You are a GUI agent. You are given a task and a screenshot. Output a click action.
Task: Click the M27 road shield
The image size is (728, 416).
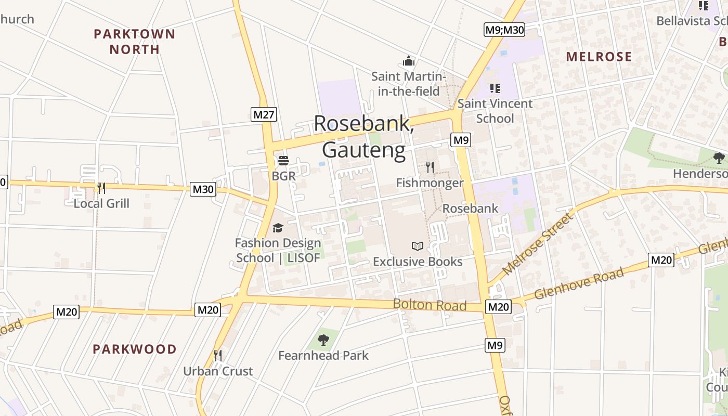pyautogui.click(x=264, y=114)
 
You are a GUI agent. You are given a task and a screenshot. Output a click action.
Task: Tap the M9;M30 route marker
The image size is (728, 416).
pyautogui.click(x=504, y=30)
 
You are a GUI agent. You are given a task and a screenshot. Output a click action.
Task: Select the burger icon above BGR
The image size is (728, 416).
pyautogui.click(x=283, y=161)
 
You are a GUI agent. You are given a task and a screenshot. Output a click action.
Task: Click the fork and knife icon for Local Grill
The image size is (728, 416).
pyautogui.click(x=101, y=188)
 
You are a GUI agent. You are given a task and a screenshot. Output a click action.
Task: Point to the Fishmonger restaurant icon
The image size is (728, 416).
pyautogui.click(x=430, y=167)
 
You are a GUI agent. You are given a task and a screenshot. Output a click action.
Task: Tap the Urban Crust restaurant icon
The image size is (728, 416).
pyautogui.click(x=218, y=356)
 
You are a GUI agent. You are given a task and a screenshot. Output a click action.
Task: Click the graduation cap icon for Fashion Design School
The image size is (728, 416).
pyautogui.click(x=278, y=228)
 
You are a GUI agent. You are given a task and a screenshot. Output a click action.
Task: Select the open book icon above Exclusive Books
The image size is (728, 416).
pyautogui.click(x=418, y=246)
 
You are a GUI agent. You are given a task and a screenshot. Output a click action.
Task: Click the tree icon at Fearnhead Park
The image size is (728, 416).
pyautogui.click(x=323, y=340)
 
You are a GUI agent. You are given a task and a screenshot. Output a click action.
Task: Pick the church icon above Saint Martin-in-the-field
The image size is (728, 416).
pyautogui.click(x=409, y=61)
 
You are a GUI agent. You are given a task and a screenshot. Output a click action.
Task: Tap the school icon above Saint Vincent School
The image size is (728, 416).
pyautogui.click(x=495, y=88)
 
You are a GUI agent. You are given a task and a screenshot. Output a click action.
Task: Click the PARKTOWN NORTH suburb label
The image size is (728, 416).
pyautogui.click(x=134, y=42)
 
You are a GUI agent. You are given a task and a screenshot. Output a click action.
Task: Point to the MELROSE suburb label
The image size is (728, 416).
pyautogui.click(x=599, y=57)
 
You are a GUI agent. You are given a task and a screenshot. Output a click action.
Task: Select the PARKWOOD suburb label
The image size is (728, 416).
pyautogui.click(x=135, y=349)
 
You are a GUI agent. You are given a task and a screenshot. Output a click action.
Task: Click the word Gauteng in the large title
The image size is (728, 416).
pyautogui.click(x=363, y=150)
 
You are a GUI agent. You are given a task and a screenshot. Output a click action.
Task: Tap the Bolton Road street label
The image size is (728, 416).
pyautogui.click(x=430, y=305)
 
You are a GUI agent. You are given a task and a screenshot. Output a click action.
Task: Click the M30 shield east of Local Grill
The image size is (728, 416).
pyautogui.click(x=203, y=189)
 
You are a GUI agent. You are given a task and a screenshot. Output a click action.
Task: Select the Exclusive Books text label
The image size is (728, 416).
pyautogui.click(x=418, y=261)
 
